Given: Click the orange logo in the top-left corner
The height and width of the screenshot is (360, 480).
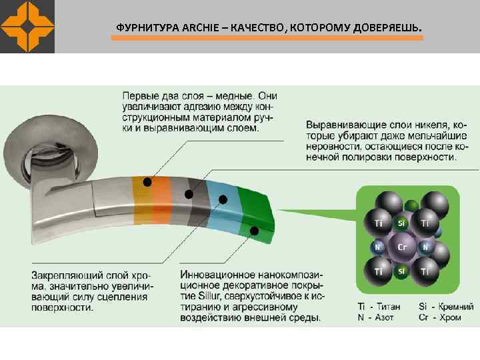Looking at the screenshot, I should [27, 27].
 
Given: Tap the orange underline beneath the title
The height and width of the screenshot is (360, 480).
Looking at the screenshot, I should [267, 39].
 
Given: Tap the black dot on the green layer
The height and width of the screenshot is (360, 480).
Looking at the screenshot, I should [254, 231].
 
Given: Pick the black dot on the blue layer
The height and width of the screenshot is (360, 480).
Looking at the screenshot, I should [223, 199].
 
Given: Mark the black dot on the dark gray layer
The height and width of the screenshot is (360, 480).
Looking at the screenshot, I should [189, 194].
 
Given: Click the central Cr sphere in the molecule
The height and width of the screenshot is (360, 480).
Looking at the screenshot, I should [402, 247].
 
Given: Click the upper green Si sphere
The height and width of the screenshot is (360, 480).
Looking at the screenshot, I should [401, 223].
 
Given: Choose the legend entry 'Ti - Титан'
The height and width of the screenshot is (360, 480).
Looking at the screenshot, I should [379, 307].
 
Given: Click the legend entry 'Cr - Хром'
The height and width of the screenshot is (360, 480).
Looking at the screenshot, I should [440, 317].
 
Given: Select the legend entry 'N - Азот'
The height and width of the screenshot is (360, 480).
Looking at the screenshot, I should [376, 317].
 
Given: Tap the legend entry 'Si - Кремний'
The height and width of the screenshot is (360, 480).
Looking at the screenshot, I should [445, 307].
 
